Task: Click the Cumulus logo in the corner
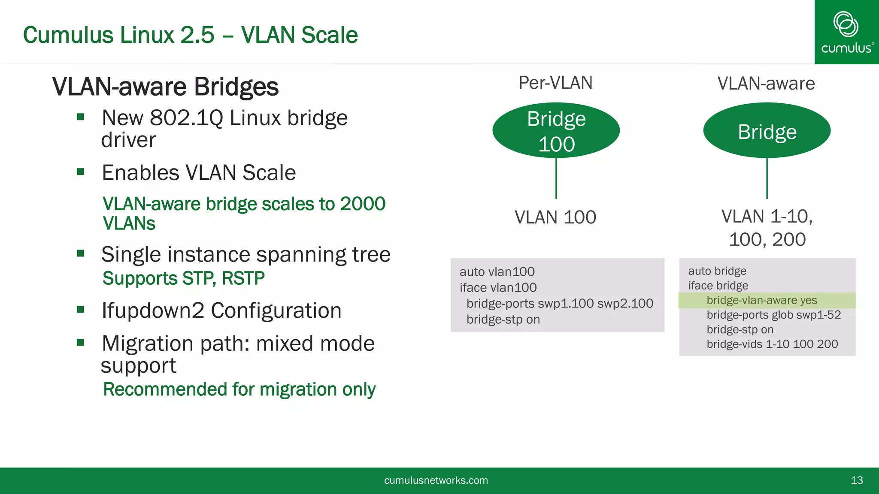(846, 32)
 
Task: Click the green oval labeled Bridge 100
(556, 130)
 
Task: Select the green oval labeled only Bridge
(767, 130)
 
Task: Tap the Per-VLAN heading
(555, 83)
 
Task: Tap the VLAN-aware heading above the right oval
(766, 84)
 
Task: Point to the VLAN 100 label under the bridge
(555, 217)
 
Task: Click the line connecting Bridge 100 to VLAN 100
(556, 178)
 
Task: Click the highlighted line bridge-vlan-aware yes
(761, 300)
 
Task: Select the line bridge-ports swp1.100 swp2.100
(559, 304)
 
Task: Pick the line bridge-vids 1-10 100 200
(772, 344)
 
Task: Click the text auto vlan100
(497, 272)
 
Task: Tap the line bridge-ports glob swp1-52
(773, 315)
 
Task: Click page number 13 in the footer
(856, 480)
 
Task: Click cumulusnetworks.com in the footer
(436, 480)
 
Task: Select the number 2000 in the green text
(363, 204)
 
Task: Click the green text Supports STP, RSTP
(183, 278)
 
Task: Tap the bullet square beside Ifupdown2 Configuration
(80, 309)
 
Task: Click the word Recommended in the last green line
(165, 389)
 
